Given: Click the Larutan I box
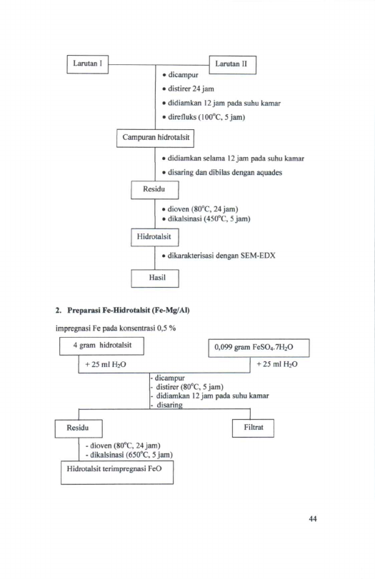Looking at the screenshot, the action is [88, 64].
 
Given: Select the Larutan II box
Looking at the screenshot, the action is [232, 65].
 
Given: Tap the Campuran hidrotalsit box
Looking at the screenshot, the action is [155, 138].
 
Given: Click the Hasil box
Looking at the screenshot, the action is [155, 278].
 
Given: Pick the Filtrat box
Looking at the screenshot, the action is [253, 428].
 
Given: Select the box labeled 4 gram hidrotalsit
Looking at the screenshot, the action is [101, 346].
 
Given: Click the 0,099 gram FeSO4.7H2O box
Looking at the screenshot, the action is [259, 348].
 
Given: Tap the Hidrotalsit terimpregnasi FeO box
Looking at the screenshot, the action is [117, 473].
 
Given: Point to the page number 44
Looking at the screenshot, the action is [313, 519].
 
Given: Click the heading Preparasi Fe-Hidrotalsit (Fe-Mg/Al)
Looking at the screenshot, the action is [128, 310].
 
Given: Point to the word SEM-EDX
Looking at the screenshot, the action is [258, 256].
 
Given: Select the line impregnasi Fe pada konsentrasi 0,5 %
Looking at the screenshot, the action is [116, 328].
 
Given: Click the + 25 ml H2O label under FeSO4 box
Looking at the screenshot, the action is [277, 364].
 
